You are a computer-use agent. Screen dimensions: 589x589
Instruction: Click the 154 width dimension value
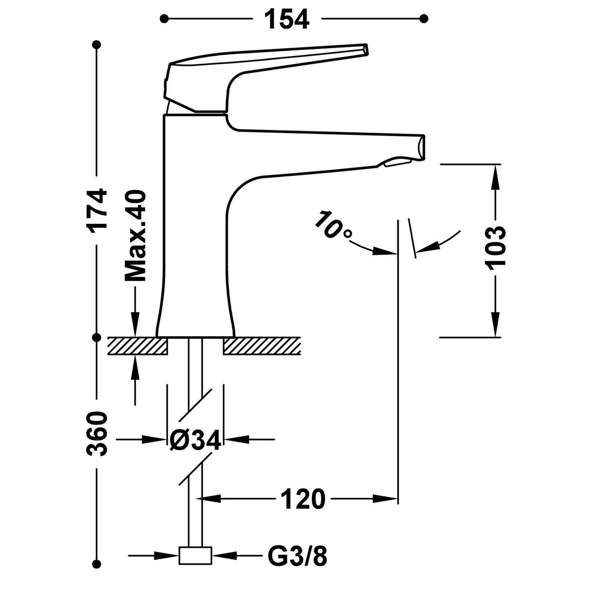[x=287, y=19]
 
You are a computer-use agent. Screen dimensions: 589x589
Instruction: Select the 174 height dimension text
[x=98, y=209]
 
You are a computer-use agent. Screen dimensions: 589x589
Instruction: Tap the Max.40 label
[x=135, y=236]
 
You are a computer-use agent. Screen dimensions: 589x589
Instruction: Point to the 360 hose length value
[x=97, y=433]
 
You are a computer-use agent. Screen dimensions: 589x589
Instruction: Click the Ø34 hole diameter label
[x=195, y=440]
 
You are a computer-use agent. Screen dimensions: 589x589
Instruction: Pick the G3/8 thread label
[x=297, y=556]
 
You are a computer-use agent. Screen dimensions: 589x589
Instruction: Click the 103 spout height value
[x=496, y=246]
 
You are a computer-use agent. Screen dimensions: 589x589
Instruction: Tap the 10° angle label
[x=332, y=225]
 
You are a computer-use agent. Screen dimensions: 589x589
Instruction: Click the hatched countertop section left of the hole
[x=137, y=346]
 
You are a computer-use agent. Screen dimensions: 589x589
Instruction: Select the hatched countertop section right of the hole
[x=262, y=346]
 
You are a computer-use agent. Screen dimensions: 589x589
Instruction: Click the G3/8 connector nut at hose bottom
[x=195, y=556]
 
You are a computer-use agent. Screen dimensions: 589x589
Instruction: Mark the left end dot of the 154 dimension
[x=164, y=18]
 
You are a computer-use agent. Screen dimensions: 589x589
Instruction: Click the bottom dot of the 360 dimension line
[x=97, y=564]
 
